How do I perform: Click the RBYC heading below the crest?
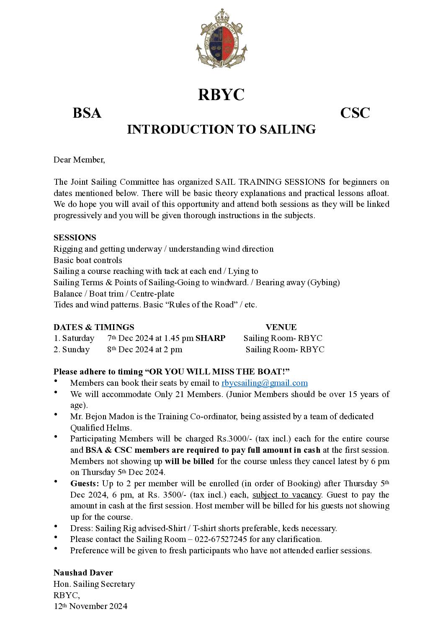point(221,95)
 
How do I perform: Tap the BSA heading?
point(87,113)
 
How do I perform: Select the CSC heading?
point(355,113)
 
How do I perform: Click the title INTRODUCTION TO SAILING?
point(221,129)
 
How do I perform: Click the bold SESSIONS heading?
point(75,237)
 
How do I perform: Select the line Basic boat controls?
point(88,260)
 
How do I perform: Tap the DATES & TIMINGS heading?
point(94,327)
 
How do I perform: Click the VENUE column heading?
point(281,327)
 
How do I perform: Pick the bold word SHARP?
point(210,338)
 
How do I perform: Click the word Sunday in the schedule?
point(76,350)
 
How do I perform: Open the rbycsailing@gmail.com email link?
point(265,383)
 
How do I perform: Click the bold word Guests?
point(85,484)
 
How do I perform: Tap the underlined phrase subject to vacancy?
point(287,495)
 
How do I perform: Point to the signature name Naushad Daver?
point(83,573)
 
